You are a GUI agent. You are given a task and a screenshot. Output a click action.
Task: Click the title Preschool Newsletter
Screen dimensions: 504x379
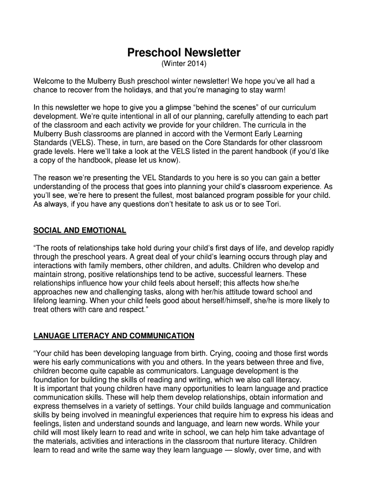point(184,52)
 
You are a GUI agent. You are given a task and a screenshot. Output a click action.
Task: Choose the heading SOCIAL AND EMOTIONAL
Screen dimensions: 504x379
point(80,230)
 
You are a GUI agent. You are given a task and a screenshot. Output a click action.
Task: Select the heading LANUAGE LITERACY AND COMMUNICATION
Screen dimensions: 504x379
point(114,336)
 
